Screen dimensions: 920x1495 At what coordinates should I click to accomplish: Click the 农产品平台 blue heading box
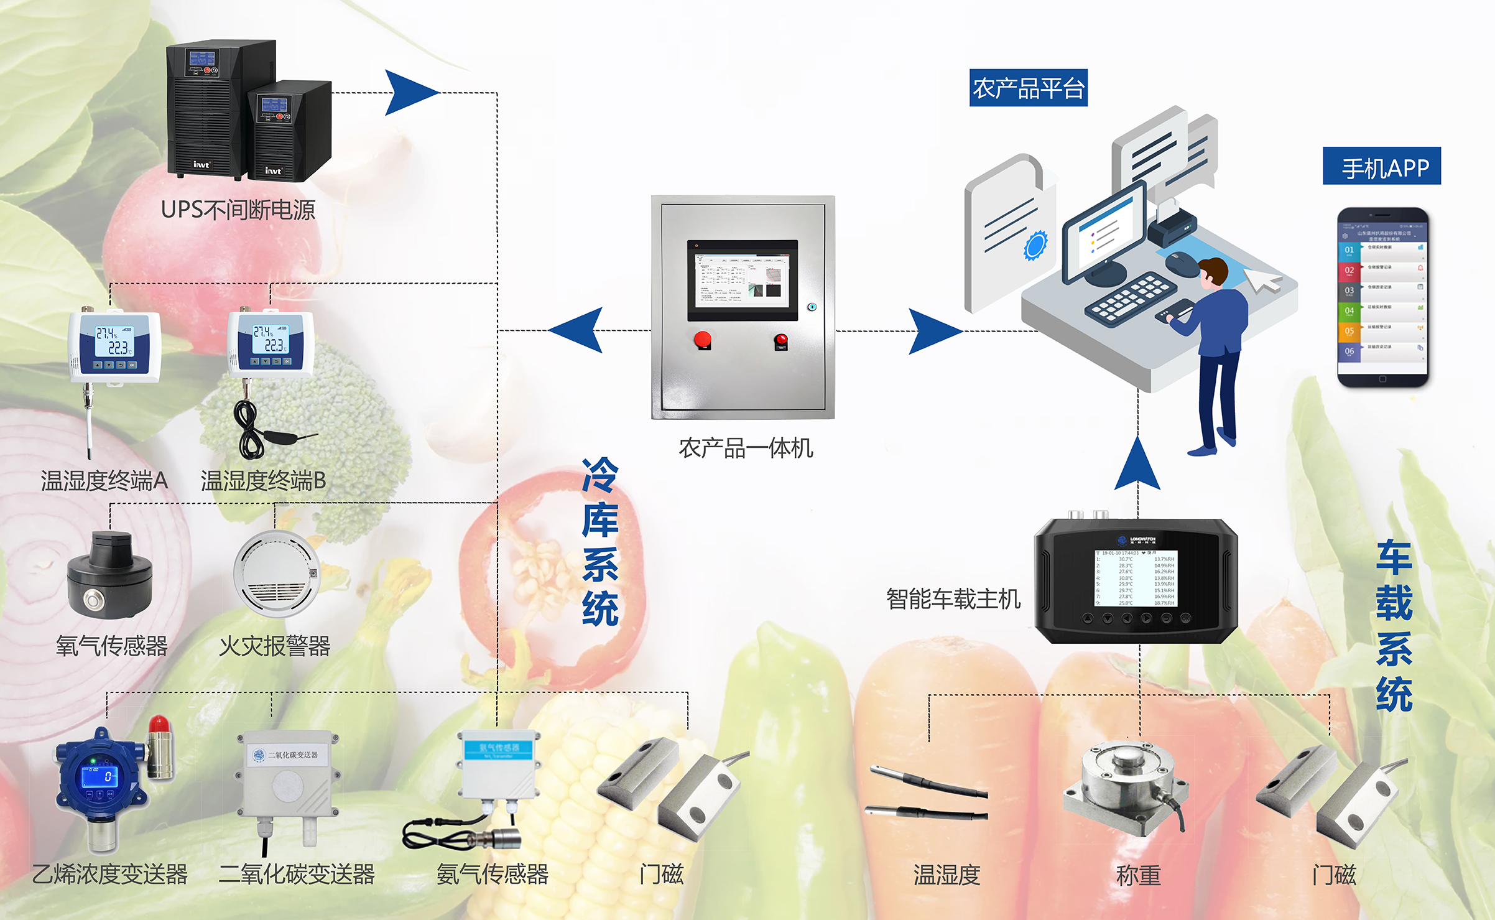tap(1028, 88)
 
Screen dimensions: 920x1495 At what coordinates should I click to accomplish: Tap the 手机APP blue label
tap(1381, 166)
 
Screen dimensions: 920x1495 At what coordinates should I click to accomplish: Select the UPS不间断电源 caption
tap(238, 210)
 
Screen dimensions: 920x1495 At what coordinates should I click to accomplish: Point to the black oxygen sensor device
tap(110, 576)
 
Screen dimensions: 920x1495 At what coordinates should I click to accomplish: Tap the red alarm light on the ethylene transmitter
tap(159, 725)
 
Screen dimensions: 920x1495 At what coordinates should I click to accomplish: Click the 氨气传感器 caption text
tap(492, 875)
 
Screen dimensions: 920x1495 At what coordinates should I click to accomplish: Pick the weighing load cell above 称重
tap(1126, 787)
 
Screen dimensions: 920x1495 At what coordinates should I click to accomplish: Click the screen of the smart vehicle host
tap(1136, 578)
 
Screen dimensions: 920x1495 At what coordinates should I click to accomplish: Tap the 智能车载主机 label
tap(953, 599)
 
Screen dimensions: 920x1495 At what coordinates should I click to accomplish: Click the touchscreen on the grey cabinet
tap(742, 280)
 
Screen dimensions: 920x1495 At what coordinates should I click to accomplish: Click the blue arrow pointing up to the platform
tap(1137, 464)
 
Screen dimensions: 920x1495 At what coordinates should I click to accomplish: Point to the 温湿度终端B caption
tap(263, 481)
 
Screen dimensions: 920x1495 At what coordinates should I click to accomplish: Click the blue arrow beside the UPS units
tap(410, 93)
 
